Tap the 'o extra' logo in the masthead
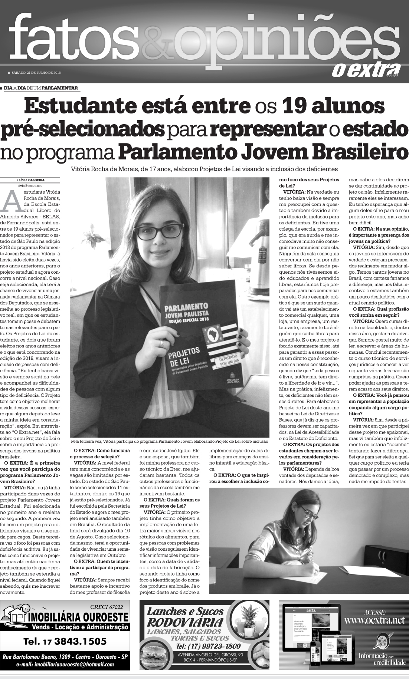click(x=365, y=70)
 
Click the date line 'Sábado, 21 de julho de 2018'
click(x=36, y=72)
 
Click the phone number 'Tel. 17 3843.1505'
click(x=65, y=641)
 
